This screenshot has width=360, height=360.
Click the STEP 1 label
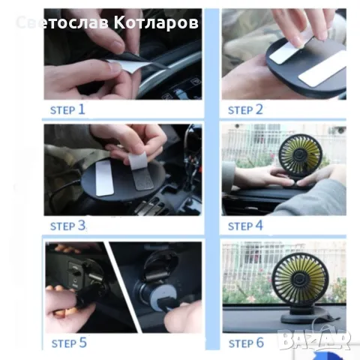pos(67,109)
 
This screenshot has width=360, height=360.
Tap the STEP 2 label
pos(245,109)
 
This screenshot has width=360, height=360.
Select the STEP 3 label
pos(67,226)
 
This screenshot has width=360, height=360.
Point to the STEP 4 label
pos(245,226)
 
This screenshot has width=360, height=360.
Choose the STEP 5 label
pos(69,343)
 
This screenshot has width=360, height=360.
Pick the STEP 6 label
pos(246,343)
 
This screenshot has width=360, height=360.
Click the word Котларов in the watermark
pos(156,22)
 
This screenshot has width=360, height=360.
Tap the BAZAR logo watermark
pos(314,339)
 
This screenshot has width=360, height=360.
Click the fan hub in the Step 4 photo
pos(299,154)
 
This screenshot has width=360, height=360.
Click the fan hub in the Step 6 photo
pos(298,279)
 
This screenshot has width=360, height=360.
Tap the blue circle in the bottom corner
pos(325,355)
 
